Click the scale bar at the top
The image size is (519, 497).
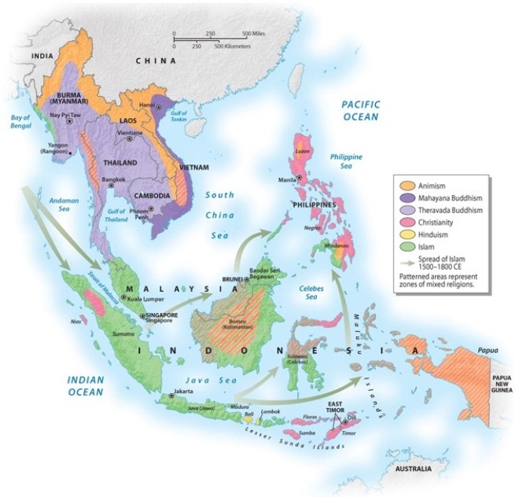pos(211,39)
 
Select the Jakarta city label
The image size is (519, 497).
pos(186,391)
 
